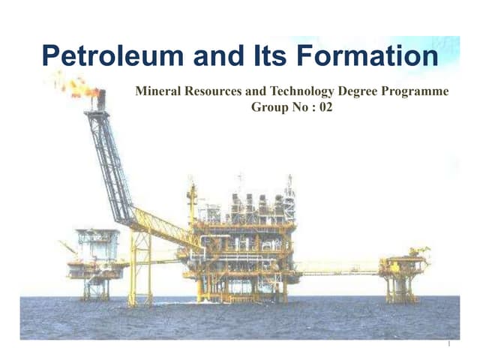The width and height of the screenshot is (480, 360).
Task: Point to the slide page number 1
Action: point(447,345)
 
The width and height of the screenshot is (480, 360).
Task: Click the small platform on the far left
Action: point(96,259)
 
